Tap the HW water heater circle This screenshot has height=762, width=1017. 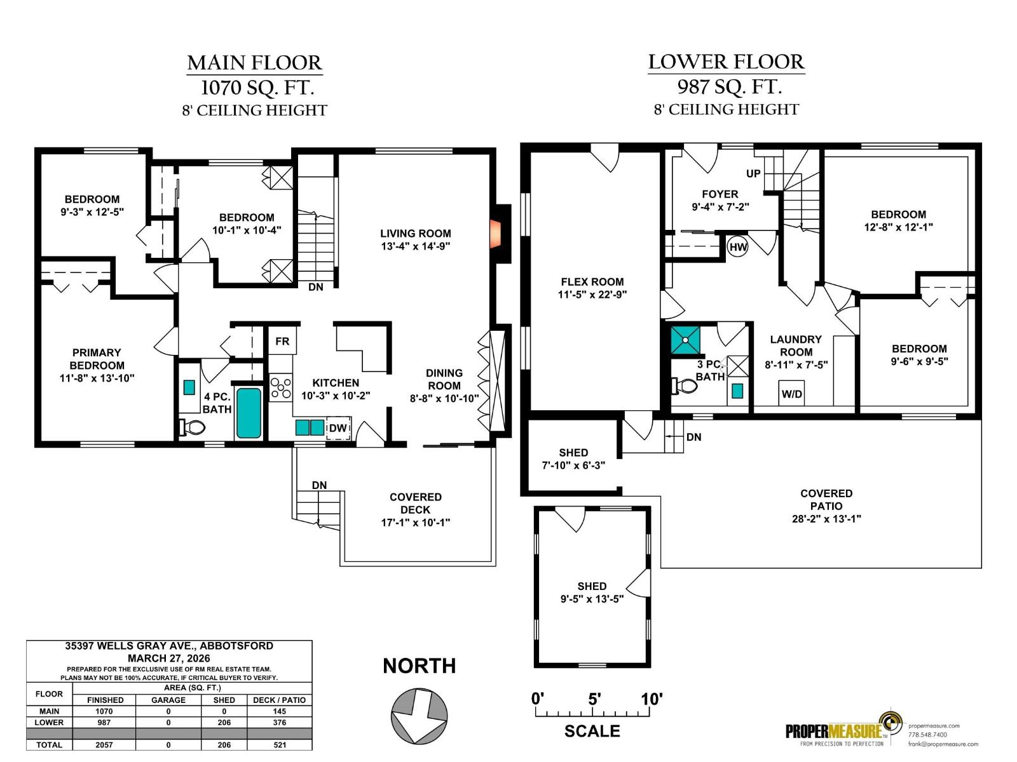737,246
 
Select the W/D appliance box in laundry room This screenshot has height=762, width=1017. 791,394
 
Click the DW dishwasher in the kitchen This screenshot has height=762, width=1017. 338,428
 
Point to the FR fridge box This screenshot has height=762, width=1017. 282,341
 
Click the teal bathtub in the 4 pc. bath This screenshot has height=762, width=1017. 249,413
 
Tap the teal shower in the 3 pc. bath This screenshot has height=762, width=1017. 686,340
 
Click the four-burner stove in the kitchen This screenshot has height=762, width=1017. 281,388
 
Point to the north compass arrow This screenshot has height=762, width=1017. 419,716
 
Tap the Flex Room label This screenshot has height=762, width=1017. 592,282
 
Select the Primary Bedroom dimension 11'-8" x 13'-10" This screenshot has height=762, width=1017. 97,378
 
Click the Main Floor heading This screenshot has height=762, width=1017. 254,63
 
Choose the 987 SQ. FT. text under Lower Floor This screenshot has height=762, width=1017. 730,86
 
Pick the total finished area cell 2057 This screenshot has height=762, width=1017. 104,745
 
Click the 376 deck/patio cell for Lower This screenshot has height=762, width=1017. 280,722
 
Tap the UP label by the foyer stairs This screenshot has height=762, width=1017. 753,173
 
